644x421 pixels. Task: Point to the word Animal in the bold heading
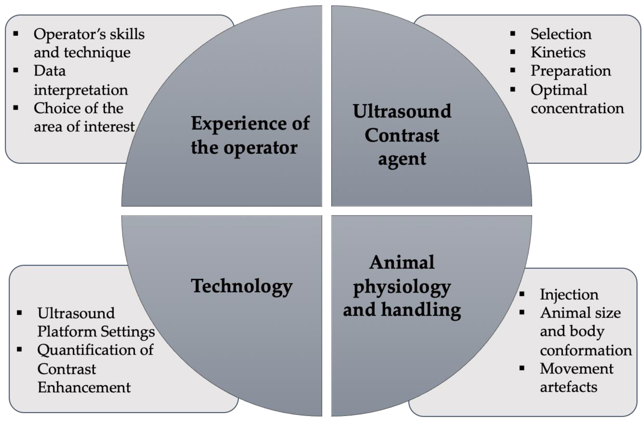[x=402, y=262]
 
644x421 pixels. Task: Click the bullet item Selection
[x=561, y=34]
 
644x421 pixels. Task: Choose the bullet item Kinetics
[x=558, y=52]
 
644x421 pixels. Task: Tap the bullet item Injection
[x=569, y=294]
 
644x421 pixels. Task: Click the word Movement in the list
[x=576, y=368]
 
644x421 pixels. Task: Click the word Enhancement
[x=84, y=387]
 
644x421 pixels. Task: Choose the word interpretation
[x=81, y=90]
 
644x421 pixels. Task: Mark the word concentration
[x=577, y=108]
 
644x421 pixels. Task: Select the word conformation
[x=586, y=350]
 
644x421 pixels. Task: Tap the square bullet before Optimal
[x=513, y=89]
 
